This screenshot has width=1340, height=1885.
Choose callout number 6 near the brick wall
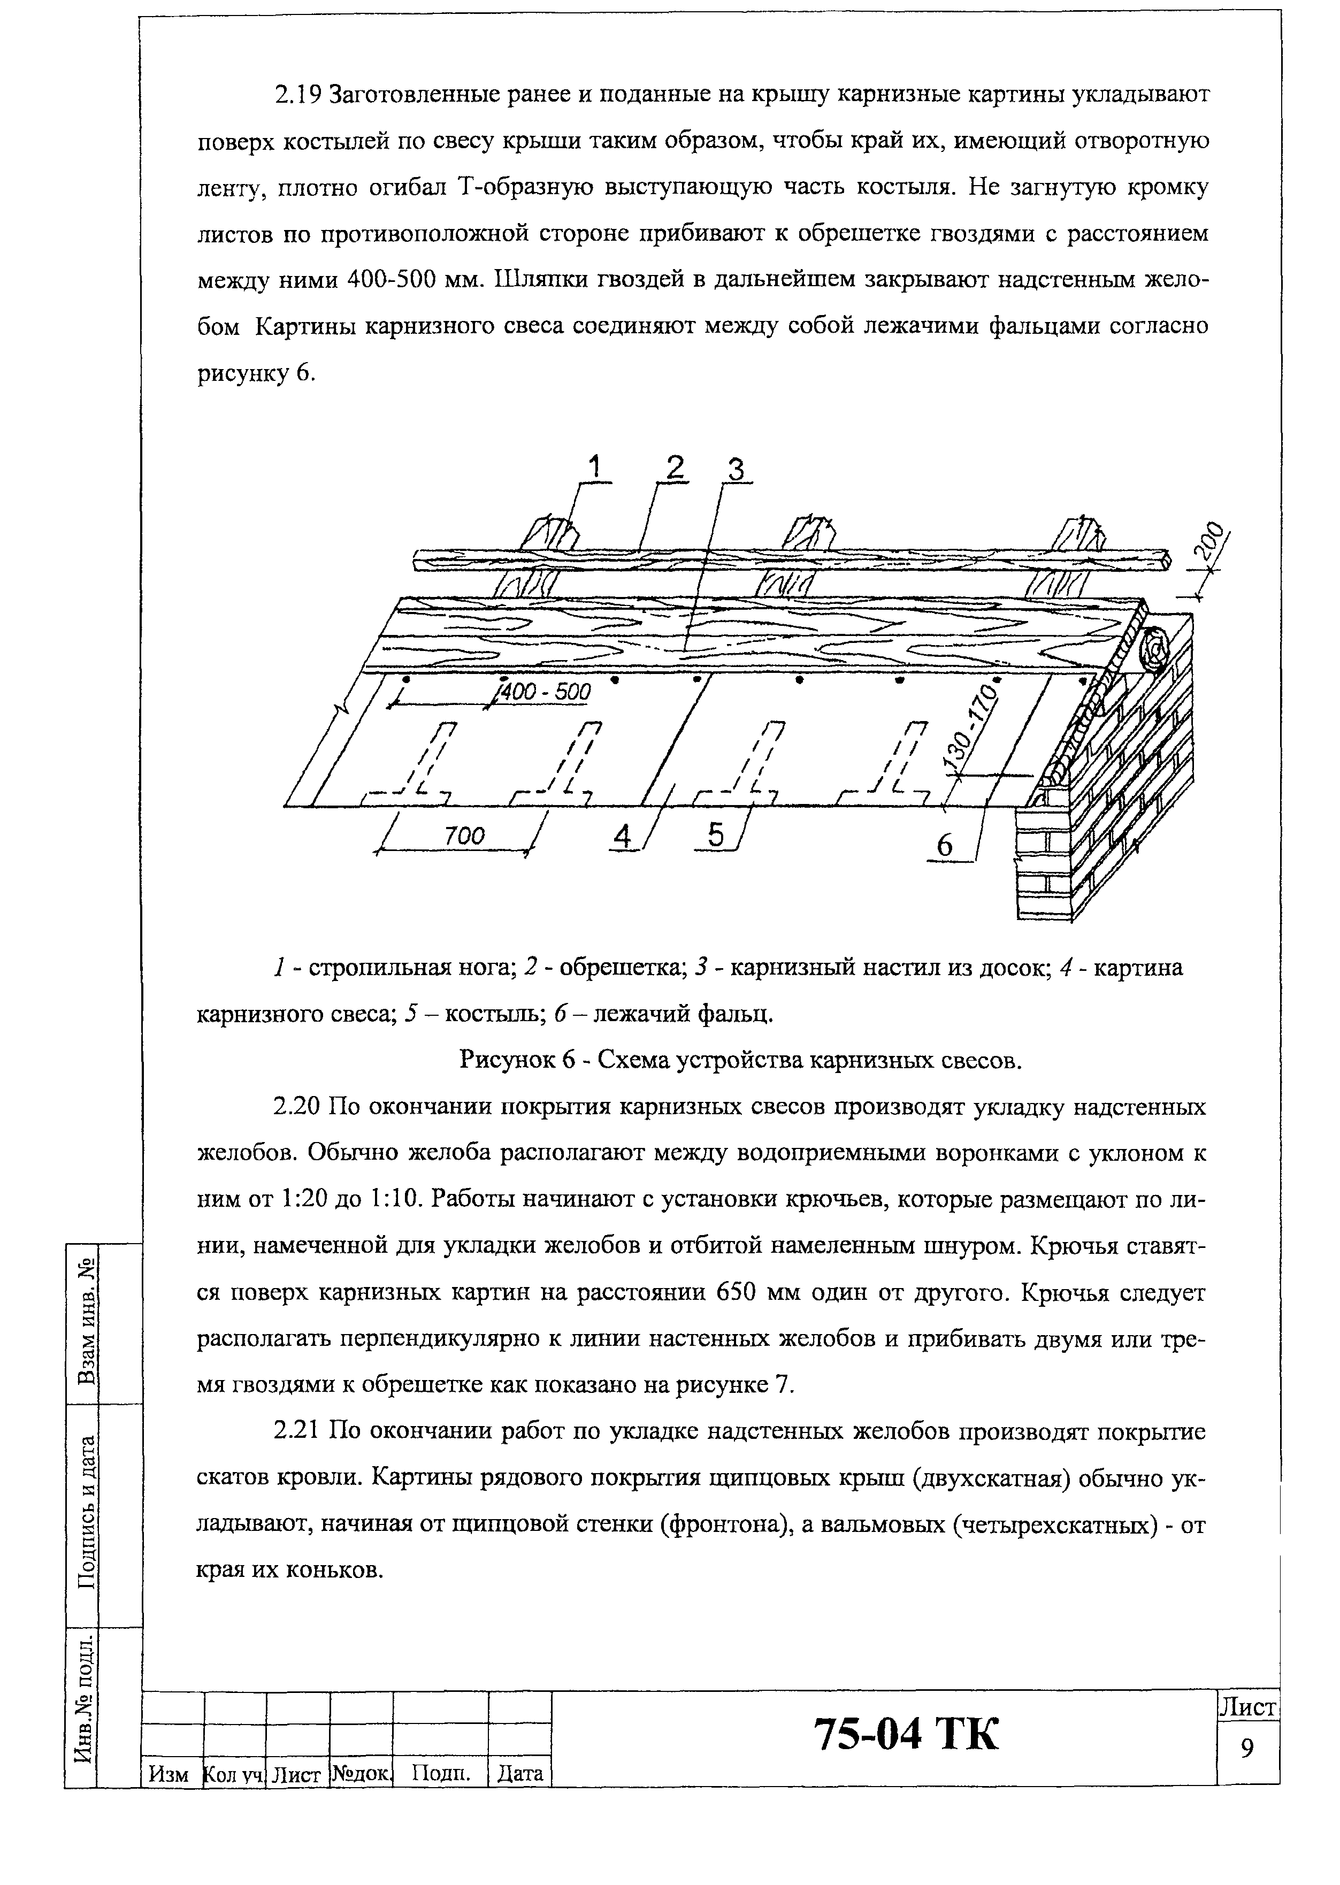coord(945,846)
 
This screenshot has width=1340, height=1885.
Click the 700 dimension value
coord(464,837)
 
